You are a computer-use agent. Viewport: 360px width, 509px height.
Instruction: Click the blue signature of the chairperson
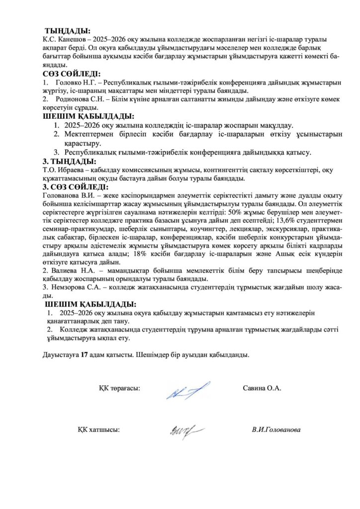[187, 391]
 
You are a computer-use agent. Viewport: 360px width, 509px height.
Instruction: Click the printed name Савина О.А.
[262, 388]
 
